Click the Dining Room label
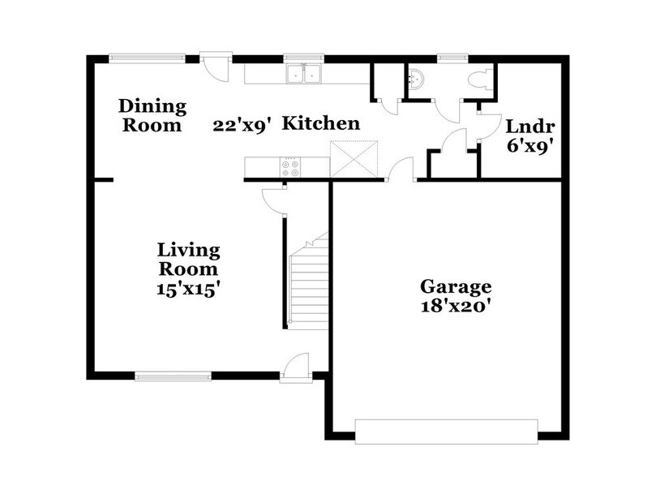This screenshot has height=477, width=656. (x=152, y=115)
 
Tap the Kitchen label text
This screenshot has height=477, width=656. (x=321, y=123)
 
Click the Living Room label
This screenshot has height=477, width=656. (x=188, y=259)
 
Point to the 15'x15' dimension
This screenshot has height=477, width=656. (x=189, y=289)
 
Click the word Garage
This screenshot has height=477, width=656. (x=455, y=286)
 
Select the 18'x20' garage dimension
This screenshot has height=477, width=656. (x=455, y=306)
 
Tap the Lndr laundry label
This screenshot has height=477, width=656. (x=524, y=127)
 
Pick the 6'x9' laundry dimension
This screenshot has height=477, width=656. (x=524, y=147)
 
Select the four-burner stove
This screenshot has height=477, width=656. (x=289, y=167)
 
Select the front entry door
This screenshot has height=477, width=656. (x=294, y=367)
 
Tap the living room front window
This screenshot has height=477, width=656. (x=173, y=376)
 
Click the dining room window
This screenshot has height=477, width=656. (x=147, y=58)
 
